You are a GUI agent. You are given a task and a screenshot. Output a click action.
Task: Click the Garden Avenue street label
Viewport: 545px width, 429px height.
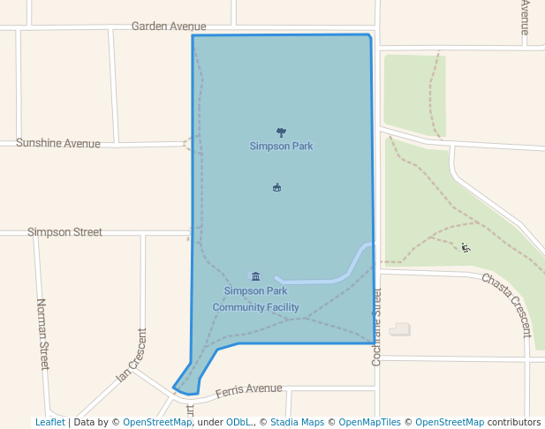pos(169,26)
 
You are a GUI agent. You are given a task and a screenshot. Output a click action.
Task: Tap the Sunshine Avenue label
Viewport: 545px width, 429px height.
pos(58,143)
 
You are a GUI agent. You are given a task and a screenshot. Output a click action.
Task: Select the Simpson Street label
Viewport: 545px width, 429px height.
pos(64,232)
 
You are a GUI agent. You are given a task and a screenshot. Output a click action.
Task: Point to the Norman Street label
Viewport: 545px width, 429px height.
pos(42,334)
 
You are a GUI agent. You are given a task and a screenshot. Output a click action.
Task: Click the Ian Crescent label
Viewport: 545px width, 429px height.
pos(132,356)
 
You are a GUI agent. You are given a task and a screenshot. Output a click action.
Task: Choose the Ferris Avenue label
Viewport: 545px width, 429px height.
pos(248,389)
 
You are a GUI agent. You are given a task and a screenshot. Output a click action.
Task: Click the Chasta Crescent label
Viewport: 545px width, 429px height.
pos(507,304)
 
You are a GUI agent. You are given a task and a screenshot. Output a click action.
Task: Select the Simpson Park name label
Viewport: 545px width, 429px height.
pos(281,147)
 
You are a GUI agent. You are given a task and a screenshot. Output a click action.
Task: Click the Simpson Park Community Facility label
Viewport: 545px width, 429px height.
pos(255,299)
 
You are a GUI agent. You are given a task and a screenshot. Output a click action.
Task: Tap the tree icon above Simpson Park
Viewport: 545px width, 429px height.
pos(281,132)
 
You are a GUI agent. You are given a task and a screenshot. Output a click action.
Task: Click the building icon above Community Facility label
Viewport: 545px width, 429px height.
pos(255,276)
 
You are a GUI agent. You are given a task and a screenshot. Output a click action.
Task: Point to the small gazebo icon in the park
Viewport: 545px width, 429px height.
pos(276,187)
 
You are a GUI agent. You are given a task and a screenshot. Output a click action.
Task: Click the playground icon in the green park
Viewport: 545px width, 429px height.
pos(466,247)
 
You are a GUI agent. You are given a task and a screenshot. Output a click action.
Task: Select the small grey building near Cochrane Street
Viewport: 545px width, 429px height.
pos(400,329)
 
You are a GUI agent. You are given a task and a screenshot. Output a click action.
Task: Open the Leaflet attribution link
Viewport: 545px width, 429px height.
pos(49,423)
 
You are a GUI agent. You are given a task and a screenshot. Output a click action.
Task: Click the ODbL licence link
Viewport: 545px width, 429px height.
pos(238,423)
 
